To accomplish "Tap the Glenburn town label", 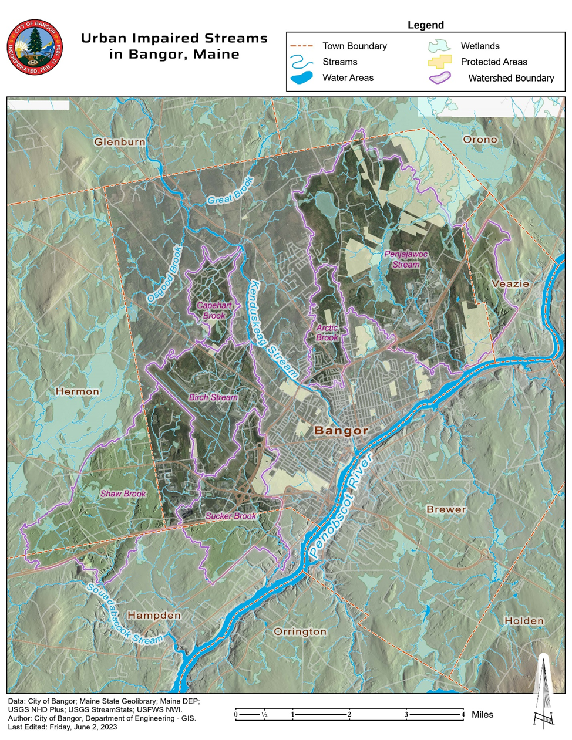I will click(120, 142).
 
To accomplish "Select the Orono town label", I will click(480, 140).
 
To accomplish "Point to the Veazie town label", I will click(510, 283).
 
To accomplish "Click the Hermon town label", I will click(78, 391).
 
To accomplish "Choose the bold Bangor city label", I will click(341, 430).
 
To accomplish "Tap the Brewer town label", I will click(446, 509).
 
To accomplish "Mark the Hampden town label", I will click(154, 616).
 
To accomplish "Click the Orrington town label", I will click(300, 631).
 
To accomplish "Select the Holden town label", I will click(524, 620).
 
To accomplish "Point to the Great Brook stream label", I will click(230, 191).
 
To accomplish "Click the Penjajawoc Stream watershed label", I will click(406, 259).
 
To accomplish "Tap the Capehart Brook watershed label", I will click(214, 310).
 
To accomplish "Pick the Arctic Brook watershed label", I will click(327, 333).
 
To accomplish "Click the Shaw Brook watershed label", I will click(123, 494).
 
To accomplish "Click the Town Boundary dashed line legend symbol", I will click(304, 46).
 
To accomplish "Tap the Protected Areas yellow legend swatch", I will click(440, 62).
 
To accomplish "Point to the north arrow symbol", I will click(543, 692).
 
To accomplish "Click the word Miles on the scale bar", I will click(482, 714).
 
